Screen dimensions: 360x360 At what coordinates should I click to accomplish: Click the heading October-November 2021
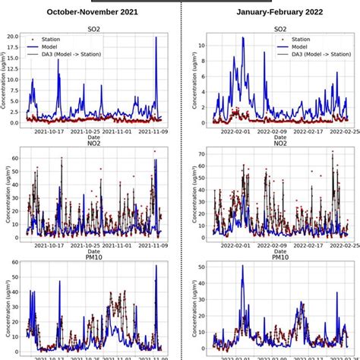tap(92, 12)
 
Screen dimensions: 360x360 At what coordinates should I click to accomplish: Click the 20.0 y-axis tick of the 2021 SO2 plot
tap(12, 36)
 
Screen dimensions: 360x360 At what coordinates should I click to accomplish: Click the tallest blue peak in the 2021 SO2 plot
tap(156, 37)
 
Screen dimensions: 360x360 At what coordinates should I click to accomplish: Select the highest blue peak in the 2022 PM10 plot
tap(242, 266)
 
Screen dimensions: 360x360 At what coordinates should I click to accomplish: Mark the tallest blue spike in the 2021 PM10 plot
tap(156, 266)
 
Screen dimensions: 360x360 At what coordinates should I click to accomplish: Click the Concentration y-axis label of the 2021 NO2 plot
tap(5, 196)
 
